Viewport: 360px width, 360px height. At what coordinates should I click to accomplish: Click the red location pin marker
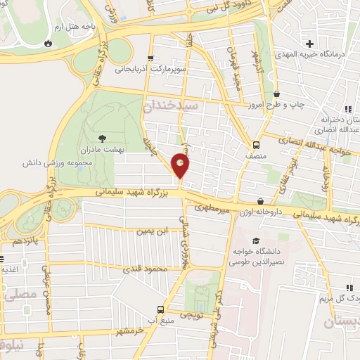point(181,167)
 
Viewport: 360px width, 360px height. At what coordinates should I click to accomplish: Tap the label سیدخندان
point(172,105)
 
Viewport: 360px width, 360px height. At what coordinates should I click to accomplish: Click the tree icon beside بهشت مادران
point(103,138)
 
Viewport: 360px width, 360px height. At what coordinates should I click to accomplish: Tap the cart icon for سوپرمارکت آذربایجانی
point(149,58)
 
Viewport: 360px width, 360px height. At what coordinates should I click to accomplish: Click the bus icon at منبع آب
point(160,309)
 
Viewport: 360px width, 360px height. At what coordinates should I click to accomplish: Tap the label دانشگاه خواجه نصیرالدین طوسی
point(264,256)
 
